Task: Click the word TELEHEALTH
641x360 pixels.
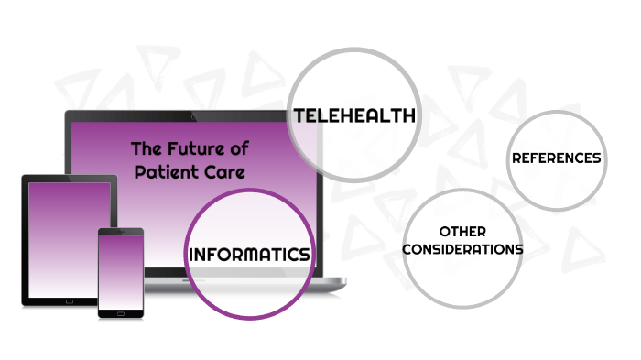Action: [x=354, y=115]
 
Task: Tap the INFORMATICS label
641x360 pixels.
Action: [x=248, y=255]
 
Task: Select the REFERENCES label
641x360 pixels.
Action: [x=556, y=158]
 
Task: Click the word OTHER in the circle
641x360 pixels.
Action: [x=462, y=232]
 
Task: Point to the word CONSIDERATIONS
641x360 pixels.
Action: [x=462, y=249]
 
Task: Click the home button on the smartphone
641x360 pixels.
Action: [x=121, y=311]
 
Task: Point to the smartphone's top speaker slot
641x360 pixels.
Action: [x=121, y=232]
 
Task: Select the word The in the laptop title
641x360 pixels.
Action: [x=147, y=147]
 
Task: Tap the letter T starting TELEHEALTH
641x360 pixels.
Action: [x=298, y=115]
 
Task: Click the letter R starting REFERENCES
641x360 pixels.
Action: [x=516, y=158]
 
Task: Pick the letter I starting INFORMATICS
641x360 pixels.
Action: [x=190, y=255]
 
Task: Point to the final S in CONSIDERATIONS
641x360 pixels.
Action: [x=519, y=249]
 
